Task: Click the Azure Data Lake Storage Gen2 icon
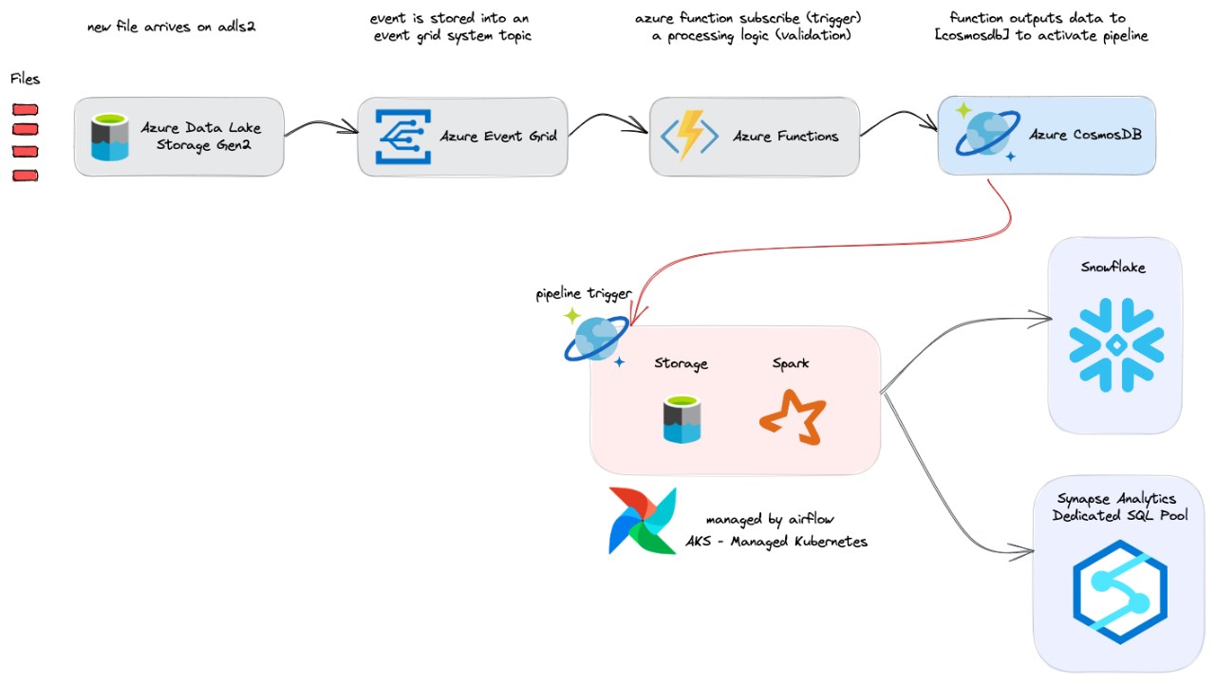[x=110, y=137]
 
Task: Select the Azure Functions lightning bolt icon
[x=690, y=136]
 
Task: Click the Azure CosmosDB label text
[x=1086, y=135]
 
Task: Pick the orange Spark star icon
[x=794, y=417]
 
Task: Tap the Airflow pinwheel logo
[x=643, y=520]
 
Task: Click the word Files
[x=26, y=79]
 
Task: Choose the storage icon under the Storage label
[x=682, y=420]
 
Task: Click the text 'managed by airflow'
[x=770, y=520]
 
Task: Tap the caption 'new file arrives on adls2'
[x=172, y=27]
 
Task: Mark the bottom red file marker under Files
[x=25, y=175]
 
